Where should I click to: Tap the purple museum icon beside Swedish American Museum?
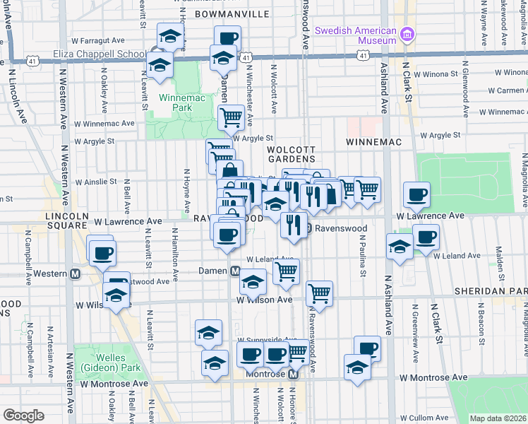click(x=406, y=35)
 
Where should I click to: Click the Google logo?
click(x=23, y=416)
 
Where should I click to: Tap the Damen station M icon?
click(x=236, y=271)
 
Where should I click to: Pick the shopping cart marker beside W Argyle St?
click(x=231, y=117)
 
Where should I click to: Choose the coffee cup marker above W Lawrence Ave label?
click(x=416, y=194)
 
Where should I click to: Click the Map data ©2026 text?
click(x=498, y=418)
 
